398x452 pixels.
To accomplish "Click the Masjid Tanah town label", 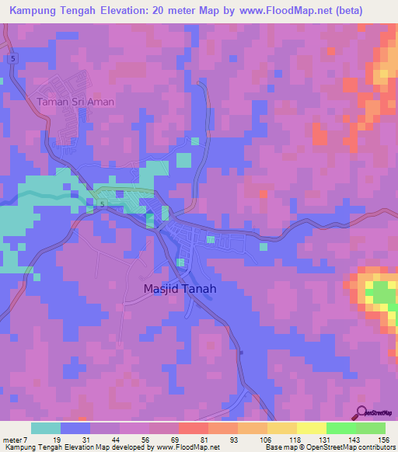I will [x=180, y=288].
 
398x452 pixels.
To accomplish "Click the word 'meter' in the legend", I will [x=12, y=439].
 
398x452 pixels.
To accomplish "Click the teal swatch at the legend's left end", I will [x=46, y=428].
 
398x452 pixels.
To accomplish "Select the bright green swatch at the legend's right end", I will [x=370, y=428].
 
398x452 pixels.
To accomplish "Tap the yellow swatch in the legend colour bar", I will [x=311, y=428].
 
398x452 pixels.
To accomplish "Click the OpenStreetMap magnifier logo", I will [x=361, y=412].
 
